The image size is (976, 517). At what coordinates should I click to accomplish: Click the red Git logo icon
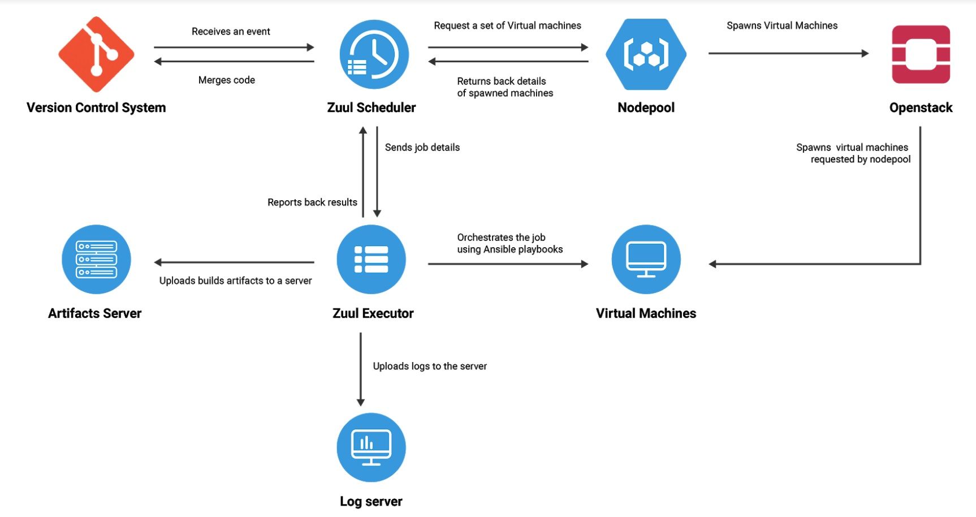[x=96, y=54]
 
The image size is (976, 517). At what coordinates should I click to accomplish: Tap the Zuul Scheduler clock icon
[x=374, y=54]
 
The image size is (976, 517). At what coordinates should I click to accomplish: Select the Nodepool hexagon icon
[x=646, y=54]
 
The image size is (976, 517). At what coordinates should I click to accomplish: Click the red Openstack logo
[x=921, y=54]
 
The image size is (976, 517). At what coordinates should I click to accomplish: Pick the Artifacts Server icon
[x=96, y=259]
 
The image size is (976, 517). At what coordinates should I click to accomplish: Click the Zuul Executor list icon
[x=371, y=259]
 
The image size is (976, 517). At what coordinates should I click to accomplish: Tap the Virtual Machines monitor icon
[x=646, y=259]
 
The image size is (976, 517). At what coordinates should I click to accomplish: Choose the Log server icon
[x=371, y=447]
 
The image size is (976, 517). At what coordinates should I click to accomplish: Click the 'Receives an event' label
[x=231, y=32]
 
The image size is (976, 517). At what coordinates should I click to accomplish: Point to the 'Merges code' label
[x=226, y=80]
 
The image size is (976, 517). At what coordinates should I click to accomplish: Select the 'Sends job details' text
[x=422, y=148]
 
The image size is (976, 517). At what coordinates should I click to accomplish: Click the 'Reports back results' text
[x=312, y=203]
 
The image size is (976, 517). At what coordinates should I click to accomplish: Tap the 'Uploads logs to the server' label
[x=430, y=367]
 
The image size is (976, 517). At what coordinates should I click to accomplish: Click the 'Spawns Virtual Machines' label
[x=782, y=25]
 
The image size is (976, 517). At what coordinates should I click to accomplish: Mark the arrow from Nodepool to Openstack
[x=788, y=53]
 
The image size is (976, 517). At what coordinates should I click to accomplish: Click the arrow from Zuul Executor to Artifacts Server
[x=234, y=262]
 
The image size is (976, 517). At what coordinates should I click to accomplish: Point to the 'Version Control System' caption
[x=96, y=107]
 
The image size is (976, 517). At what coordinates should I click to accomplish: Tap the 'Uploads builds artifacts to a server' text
[x=235, y=281]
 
